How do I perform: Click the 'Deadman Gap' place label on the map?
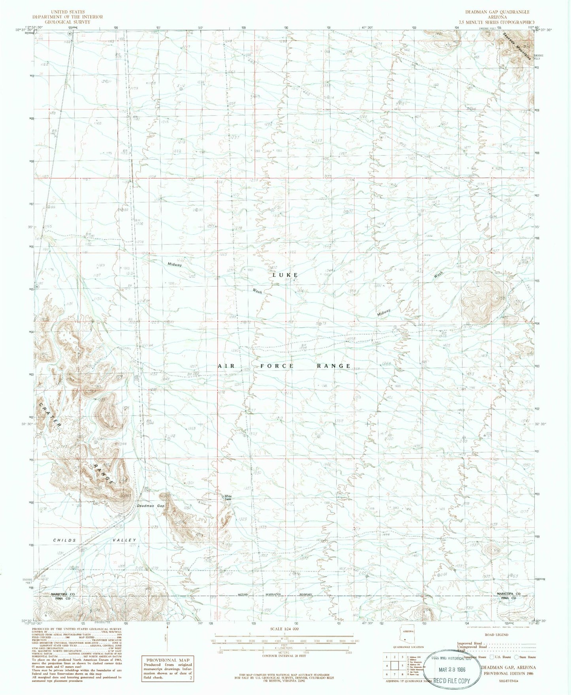tap(150, 506)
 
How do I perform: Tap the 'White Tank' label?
tap(228, 498)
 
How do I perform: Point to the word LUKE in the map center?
tap(285, 274)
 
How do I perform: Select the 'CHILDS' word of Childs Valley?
tap(64, 540)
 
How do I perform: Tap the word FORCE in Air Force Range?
tap(277, 366)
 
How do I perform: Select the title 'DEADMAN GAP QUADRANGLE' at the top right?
tap(497, 12)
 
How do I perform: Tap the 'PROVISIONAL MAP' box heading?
tap(168, 660)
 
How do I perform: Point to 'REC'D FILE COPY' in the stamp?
tap(452, 681)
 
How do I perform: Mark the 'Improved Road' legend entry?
tap(469, 643)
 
